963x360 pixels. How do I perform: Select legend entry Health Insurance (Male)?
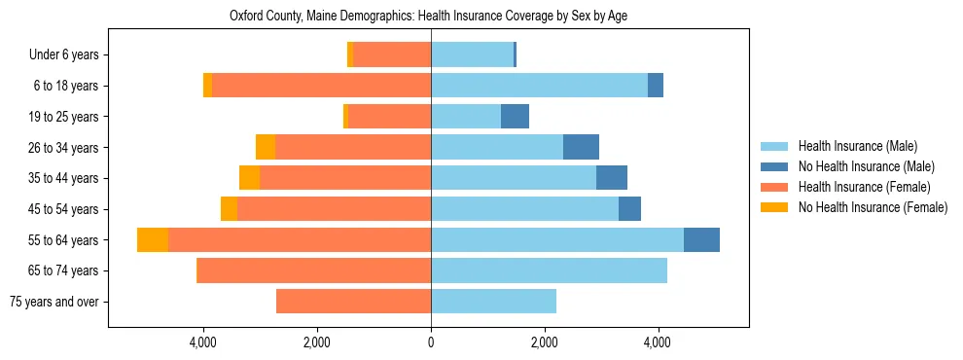click(857, 146)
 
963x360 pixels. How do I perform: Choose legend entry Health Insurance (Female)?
click(864, 187)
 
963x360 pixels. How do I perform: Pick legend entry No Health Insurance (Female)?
click(873, 207)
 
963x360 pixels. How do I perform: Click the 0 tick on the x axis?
click(431, 342)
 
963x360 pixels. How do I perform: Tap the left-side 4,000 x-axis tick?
click(203, 342)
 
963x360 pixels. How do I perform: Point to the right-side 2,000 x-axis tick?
click(545, 342)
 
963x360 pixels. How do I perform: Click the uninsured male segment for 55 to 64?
click(701, 240)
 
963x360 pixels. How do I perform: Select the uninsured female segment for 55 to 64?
click(153, 240)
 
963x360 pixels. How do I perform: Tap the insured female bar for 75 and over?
click(353, 302)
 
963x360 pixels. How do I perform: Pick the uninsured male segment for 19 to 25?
click(515, 117)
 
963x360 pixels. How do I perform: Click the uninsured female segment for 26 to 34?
click(266, 148)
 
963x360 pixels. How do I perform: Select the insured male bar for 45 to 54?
click(524, 209)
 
